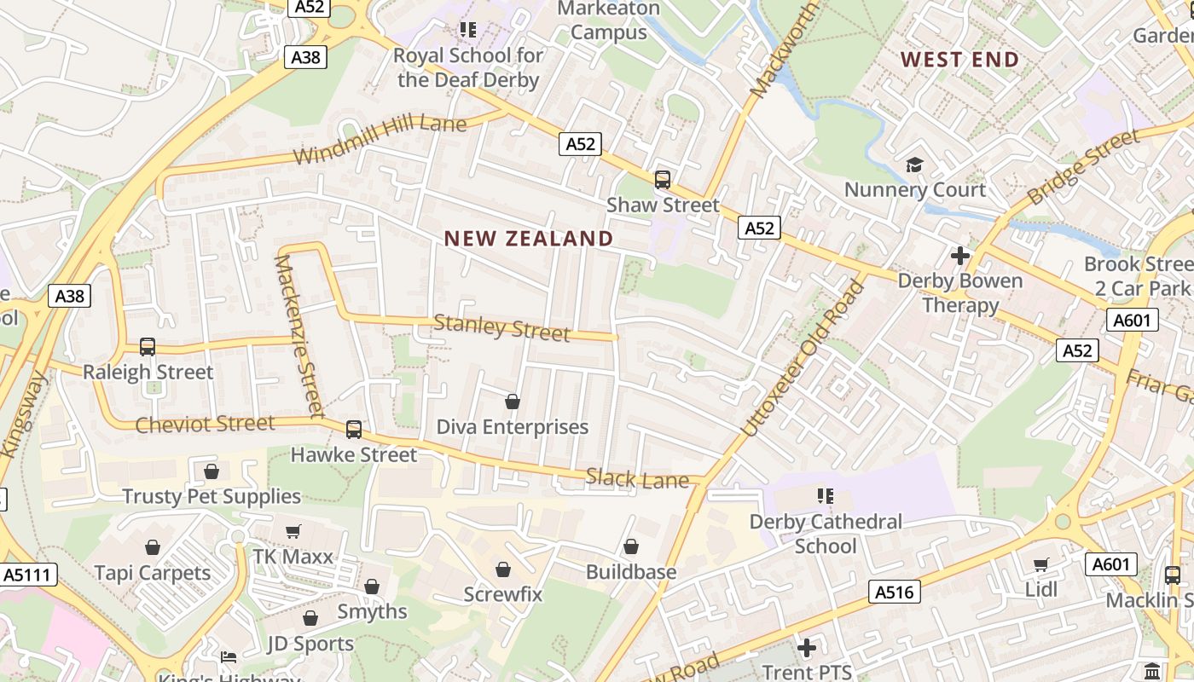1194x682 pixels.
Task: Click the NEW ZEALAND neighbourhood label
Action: coord(529,239)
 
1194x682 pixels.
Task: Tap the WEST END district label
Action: coord(960,60)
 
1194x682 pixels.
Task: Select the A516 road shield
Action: coord(894,592)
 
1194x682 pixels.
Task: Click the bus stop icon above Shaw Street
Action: coord(663,180)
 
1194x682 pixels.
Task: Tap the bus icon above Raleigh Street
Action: coord(148,347)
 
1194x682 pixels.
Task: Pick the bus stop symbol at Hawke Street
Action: coord(354,430)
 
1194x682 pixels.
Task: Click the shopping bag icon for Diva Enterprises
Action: coord(513,402)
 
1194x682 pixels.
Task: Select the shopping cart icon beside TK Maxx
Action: coord(293,532)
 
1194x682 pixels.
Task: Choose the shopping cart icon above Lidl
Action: coord(1040,564)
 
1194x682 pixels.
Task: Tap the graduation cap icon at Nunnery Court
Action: coord(914,165)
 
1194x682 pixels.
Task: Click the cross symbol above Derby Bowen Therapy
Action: coord(960,255)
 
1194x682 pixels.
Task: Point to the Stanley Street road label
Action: coord(501,328)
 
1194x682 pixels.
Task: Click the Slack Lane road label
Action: coord(637,480)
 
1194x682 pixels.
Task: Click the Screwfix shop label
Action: coord(503,594)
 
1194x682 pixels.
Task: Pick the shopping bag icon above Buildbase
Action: coord(631,546)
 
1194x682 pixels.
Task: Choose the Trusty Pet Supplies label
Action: coord(212,496)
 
